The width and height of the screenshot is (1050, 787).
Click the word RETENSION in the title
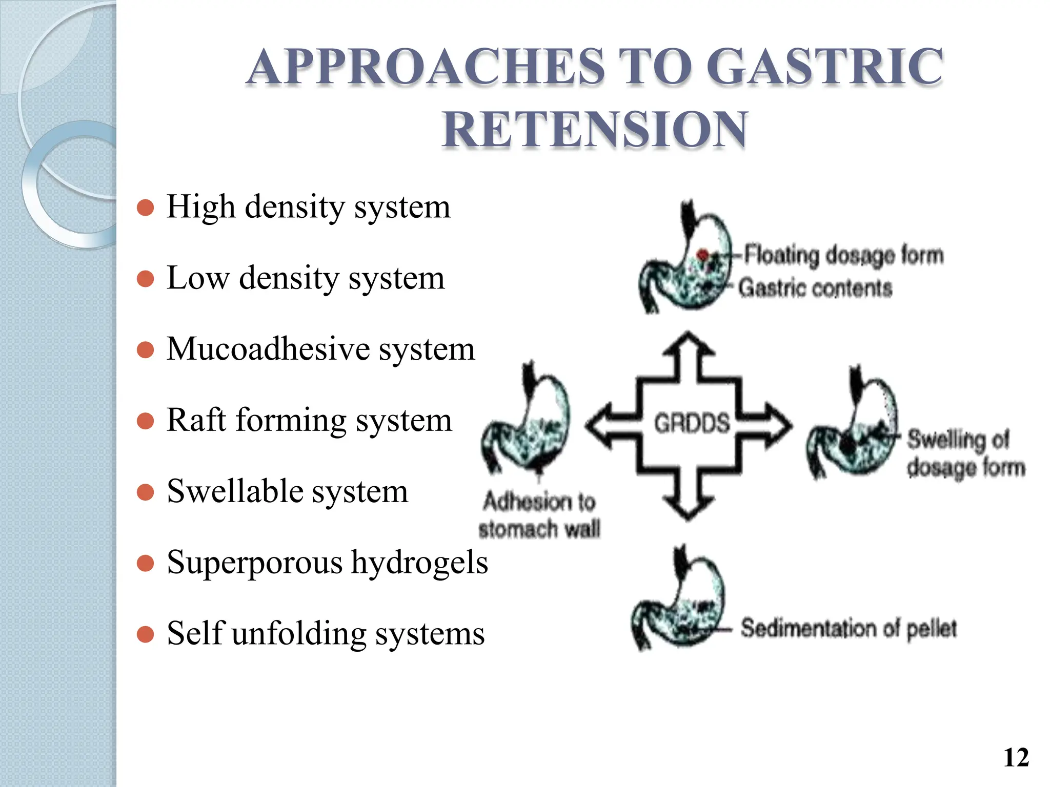[x=595, y=129]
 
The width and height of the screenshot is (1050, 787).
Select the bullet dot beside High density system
[x=146, y=208]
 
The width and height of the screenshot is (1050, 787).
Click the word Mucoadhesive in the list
[x=268, y=349]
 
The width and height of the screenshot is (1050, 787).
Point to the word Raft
[x=196, y=420]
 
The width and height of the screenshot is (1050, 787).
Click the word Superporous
[x=255, y=562]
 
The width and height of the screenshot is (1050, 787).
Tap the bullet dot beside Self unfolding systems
[x=146, y=634]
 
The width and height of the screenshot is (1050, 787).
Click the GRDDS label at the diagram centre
[x=692, y=424]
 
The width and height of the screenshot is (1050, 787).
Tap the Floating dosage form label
[x=843, y=255]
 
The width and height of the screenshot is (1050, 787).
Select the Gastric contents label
[x=815, y=288]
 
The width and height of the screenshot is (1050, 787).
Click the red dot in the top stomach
[x=703, y=254]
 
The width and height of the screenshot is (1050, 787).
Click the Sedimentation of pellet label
[x=849, y=628]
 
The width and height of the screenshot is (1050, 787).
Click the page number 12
[x=1016, y=757]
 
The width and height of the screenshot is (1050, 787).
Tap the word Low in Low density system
[x=198, y=278]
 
